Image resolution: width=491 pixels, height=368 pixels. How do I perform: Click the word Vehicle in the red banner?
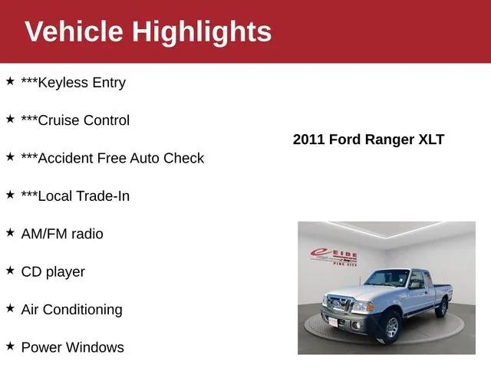pyautogui.click(x=73, y=31)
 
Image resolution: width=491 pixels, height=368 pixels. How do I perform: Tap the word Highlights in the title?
pyautogui.click(x=201, y=31)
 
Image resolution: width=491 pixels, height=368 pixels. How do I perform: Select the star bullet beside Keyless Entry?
pyautogui.click(x=10, y=81)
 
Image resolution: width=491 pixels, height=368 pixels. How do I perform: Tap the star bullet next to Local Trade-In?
pyautogui.click(x=10, y=195)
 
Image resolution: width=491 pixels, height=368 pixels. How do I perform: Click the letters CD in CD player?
pyautogui.click(x=31, y=271)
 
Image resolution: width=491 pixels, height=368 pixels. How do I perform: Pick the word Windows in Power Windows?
pyautogui.click(x=94, y=347)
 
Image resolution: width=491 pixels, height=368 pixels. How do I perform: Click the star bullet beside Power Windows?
pyautogui.click(x=10, y=347)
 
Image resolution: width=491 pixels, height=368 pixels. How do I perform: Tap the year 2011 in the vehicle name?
pyautogui.click(x=309, y=140)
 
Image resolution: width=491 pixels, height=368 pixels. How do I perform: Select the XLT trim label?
pyautogui.click(x=430, y=140)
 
